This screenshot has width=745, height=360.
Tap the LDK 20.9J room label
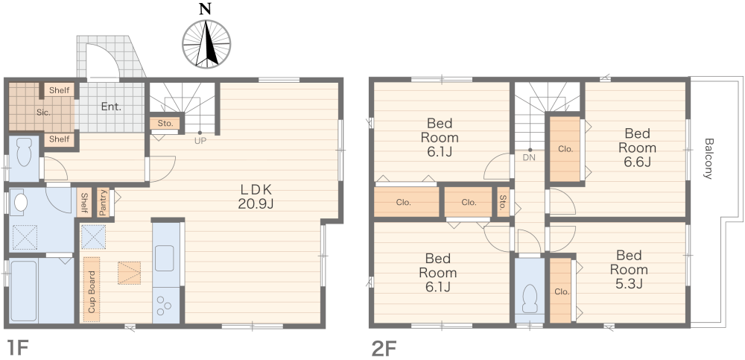click(x=256, y=197)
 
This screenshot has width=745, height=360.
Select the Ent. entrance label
click(x=111, y=107)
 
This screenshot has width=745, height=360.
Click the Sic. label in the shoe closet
click(x=44, y=113)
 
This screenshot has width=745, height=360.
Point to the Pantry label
click(x=103, y=203)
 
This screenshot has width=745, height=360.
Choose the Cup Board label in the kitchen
click(x=92, y=291)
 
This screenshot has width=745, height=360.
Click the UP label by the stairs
click(x=200, y=140)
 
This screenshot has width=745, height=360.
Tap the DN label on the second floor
click(x=529, y=157)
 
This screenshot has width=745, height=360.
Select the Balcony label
click(x=708, y=158)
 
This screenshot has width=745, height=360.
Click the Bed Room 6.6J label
click(x=637, y=148)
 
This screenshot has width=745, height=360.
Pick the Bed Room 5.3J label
click(x=629, y=270)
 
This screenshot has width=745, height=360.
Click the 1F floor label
click(x=19, y=347)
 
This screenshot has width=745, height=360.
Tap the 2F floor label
click(x=384, y=348)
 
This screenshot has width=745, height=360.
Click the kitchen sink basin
click(x=165, y=258)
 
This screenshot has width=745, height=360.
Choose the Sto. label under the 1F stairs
click(x=165, y=124)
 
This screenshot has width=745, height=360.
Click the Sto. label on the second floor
click(x=503, y=203)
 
